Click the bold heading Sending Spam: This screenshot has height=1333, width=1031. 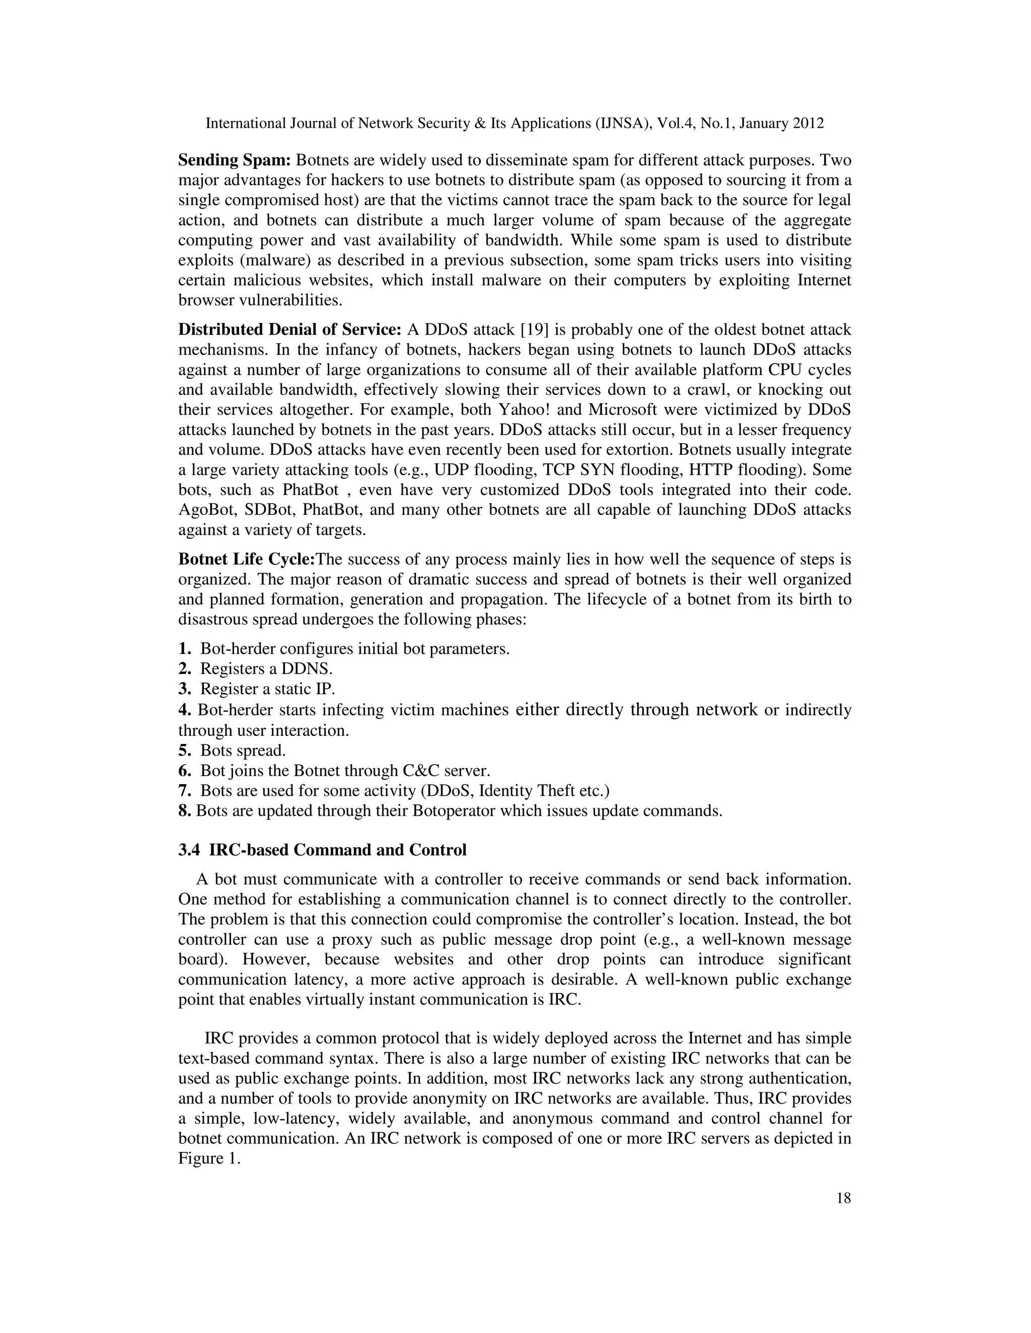click(x=235, y=160)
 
